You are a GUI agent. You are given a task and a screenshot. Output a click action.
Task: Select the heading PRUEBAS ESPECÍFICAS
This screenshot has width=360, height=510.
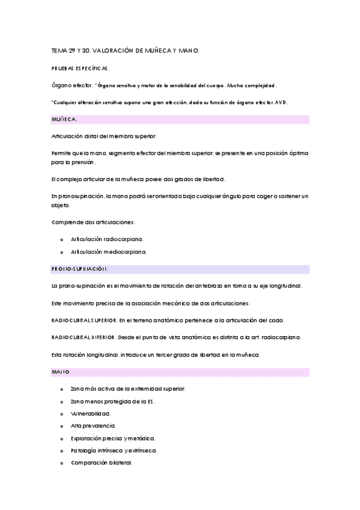click(x=81, y=69)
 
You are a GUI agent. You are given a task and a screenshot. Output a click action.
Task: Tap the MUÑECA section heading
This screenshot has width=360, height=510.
click(x=64, y=120)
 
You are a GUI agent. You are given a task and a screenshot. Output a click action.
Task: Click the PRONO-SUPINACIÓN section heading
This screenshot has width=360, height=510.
click(x=79, y=269)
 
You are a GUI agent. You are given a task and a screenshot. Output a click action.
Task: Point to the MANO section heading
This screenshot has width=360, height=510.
click(x=61, y=372)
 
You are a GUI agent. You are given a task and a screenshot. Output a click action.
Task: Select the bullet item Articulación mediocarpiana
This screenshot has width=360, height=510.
click(x=108, y=251)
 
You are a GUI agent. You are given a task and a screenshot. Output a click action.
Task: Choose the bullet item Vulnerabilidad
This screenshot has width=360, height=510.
click(x=91, y=413)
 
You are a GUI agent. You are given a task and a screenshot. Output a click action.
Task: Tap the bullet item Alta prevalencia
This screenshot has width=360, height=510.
click(x=93, y=426)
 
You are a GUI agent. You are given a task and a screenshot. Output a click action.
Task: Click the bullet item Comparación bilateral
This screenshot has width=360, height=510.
click(x=102, y=462)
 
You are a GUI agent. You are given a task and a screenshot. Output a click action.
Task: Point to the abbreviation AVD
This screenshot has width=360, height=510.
click(x=281, y=102)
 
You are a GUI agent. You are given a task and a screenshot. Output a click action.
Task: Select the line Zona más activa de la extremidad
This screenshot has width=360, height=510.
click(x=127, y=389)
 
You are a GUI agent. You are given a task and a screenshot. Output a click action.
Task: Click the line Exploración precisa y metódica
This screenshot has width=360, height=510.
click(x=112, y=438)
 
